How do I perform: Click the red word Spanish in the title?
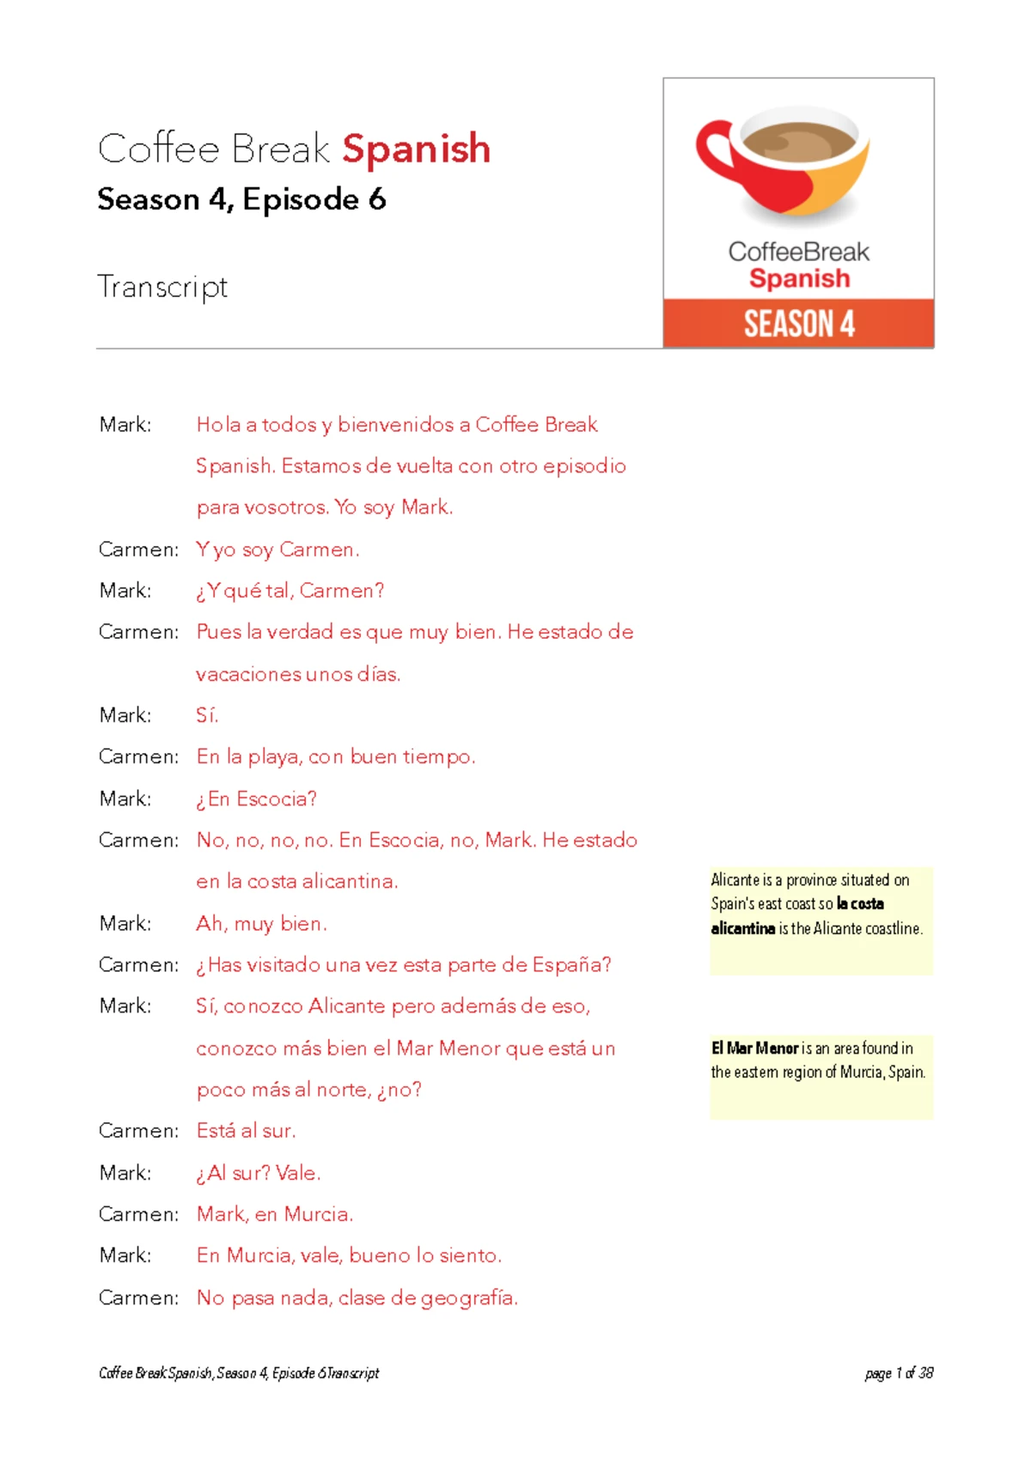click(x=416, y=149)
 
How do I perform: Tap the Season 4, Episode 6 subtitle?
click(x=241, y=199)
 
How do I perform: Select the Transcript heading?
click(x=162, y=287)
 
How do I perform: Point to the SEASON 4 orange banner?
click(x=798, y=324)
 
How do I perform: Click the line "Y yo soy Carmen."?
click(x=278, y=550)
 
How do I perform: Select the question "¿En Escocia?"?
click(x=256, y=799)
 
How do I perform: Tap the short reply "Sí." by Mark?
click(x=207, y=715)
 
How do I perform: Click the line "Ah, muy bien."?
click(x=261, y=924)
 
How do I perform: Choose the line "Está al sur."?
click(x=246, y=1131)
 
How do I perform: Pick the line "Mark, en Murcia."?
click(x=274, y=1214)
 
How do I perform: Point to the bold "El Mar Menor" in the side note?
click(x=754, y=1048)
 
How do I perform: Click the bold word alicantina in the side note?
click(x=742, y=928)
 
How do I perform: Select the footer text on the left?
click(x=239, y=1373)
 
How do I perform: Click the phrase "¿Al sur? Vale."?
click(x=258, y=1173)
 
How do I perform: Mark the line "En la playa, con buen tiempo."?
click(x=335, y=756)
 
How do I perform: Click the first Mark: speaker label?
click(x=125, y=425)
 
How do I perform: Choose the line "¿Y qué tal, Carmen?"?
click(x=290, y=591)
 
